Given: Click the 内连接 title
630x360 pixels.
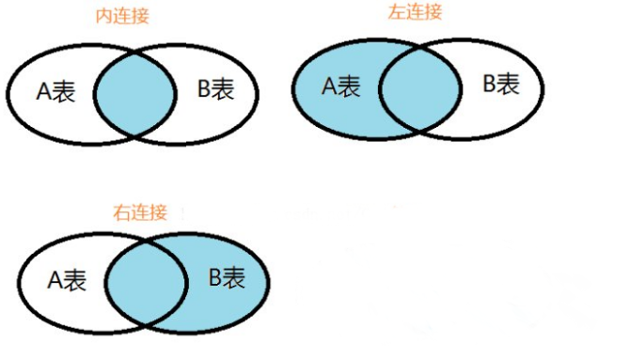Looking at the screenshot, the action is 122,18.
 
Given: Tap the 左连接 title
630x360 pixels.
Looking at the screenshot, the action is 415,13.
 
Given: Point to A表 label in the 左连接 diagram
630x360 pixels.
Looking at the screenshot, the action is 341,87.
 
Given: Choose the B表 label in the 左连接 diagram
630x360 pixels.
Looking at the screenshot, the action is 501,85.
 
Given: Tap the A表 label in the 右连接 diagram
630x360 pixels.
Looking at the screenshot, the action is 68,281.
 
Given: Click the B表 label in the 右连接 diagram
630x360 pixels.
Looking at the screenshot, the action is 226,278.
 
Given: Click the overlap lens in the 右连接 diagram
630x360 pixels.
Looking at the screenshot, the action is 146,280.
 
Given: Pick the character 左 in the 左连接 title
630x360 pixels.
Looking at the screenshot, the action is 397,13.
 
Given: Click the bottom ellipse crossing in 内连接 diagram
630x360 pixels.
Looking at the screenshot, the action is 136,133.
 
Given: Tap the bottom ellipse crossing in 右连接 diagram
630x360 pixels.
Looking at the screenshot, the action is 146,324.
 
